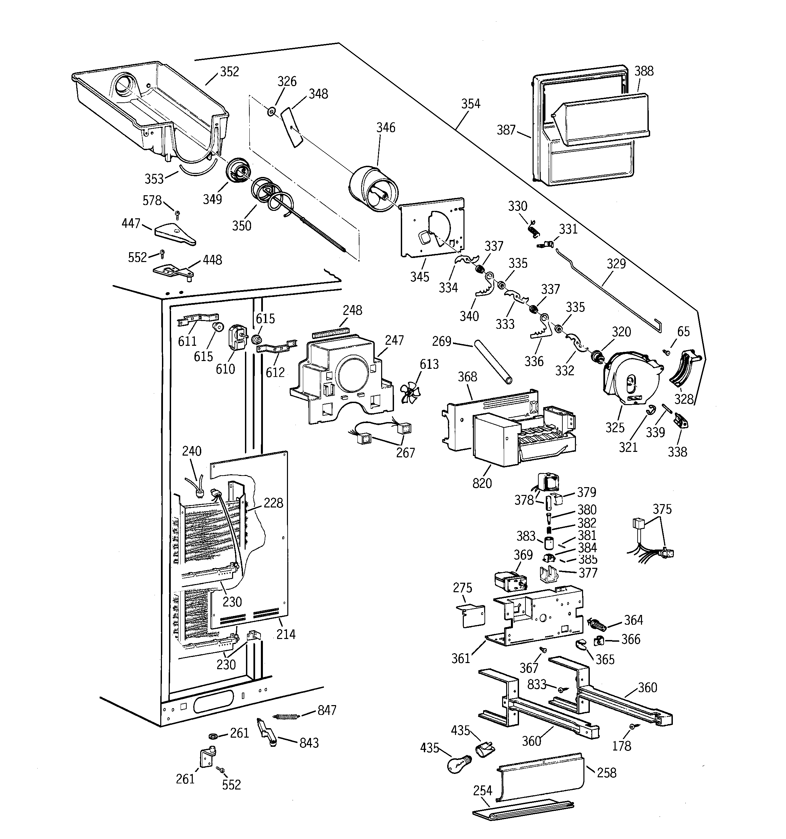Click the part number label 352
[229, 72]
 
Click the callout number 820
[482, 483]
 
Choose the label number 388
[644, 71]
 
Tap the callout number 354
[471, 104]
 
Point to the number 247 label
[394, 340]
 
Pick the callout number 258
[607, 773]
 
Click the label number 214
[286, 634]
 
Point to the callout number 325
[615, 427]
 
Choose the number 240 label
[191, 451]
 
